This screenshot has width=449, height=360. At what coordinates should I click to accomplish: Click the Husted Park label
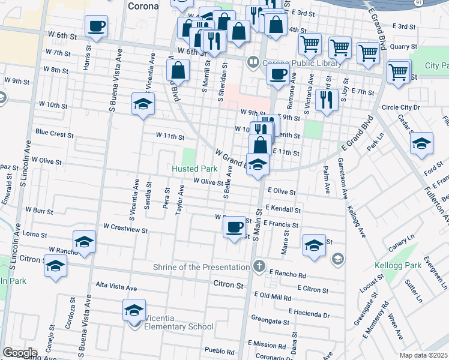pyautogui.click(x=194, y=169)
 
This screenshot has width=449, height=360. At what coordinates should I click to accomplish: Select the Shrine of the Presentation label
pyautogui.click(x=201, y=267)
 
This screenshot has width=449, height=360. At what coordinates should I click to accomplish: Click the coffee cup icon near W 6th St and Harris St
pyautogui.click(x=96, y=26)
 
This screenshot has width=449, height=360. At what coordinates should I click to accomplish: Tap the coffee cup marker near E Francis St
pyautogui.click(x=234, y=227)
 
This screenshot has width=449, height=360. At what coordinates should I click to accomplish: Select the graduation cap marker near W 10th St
pyautogui.click(x=143, y=104)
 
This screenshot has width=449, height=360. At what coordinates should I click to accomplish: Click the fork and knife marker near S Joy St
pyautogui.click(x=326, y=100)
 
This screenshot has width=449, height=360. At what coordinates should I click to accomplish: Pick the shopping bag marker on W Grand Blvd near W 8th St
pyautogui.click(x=178, y=71)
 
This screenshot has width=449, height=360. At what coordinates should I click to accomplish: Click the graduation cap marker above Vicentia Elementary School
pyautogui.click(x=134, y=310)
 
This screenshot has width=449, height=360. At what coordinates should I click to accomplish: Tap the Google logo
pyautogui.click(x=20, y=353)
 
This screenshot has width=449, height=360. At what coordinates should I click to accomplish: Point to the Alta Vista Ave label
pyautogui.click(x=114, y=286)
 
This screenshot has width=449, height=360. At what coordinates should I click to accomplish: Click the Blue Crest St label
pyautogui.click(x=54, y=134)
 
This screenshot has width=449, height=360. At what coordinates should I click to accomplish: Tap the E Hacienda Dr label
pyautogui.click(x=309, y=314)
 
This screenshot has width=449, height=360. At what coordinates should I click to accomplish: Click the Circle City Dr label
pyautogui.click(x=402, y=108)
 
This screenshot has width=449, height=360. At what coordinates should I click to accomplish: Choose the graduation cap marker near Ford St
pyautogui.click(x=422, y=144)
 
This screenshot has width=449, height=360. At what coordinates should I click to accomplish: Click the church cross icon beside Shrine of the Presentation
pyautogui.click(x=259, y=266)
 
